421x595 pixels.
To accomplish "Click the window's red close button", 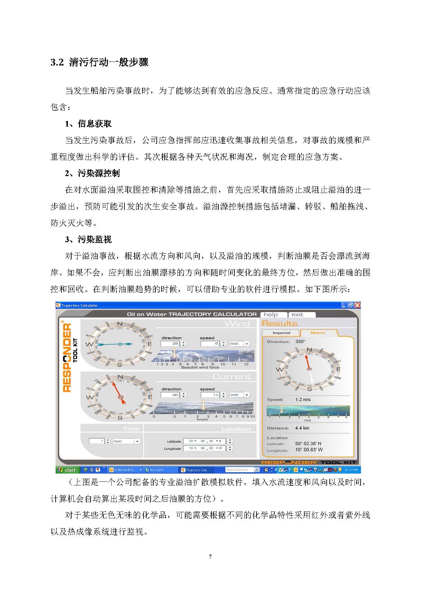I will click(357, 305).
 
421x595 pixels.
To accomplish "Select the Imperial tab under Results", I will click(281, 333).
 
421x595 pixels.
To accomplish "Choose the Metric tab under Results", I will click(318, 333).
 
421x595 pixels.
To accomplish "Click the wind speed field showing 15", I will click(211, 344).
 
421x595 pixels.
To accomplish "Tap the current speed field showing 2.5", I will click(211, 395).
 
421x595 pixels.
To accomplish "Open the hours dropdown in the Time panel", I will click(137, 441).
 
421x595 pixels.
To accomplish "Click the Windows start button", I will click(68, 470).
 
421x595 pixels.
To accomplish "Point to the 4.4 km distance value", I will click(302, 428).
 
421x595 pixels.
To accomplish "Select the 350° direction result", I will click(300, 342).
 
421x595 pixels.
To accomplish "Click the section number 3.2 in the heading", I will click(57, 62).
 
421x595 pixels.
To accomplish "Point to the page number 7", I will click(210, 557).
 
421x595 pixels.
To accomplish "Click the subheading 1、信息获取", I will click(88, 124).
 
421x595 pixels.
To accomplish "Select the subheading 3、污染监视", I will click(88, 239).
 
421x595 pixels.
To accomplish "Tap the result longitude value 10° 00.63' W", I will click(309, 450).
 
